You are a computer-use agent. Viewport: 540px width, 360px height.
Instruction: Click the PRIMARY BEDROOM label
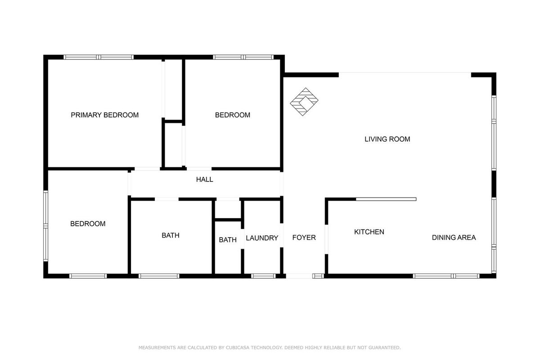point(104,115)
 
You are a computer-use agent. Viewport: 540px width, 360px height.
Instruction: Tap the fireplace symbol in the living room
point(304,102)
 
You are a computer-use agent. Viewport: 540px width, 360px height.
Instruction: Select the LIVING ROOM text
point(387,139)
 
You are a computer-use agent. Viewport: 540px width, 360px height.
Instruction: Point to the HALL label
point(204,180)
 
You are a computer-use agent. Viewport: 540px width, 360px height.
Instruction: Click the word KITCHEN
point(369,232)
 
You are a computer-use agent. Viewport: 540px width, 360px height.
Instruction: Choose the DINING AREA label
point(454,238)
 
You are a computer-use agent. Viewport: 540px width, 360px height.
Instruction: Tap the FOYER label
point(304,238)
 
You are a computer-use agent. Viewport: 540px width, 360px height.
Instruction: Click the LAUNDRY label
point(262,238)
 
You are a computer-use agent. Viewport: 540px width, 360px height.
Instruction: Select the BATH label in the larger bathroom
point(171,235)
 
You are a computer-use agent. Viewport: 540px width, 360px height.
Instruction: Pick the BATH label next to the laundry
point(228,240)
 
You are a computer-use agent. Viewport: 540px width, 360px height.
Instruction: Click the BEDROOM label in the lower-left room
point(88,224)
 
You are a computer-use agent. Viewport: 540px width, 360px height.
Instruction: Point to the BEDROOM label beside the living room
point(232,115)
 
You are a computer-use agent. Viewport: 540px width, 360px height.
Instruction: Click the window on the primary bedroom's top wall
point(99,57)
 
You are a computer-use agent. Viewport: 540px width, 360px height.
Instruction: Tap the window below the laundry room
point(263,276)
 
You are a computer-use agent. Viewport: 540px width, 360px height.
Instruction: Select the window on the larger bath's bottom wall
point(159,276)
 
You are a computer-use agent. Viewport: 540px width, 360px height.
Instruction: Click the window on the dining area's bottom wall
point(446,276)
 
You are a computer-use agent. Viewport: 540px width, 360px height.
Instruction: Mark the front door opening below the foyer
point(299,276)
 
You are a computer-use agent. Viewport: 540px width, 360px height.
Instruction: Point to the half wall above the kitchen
point(386,199)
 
